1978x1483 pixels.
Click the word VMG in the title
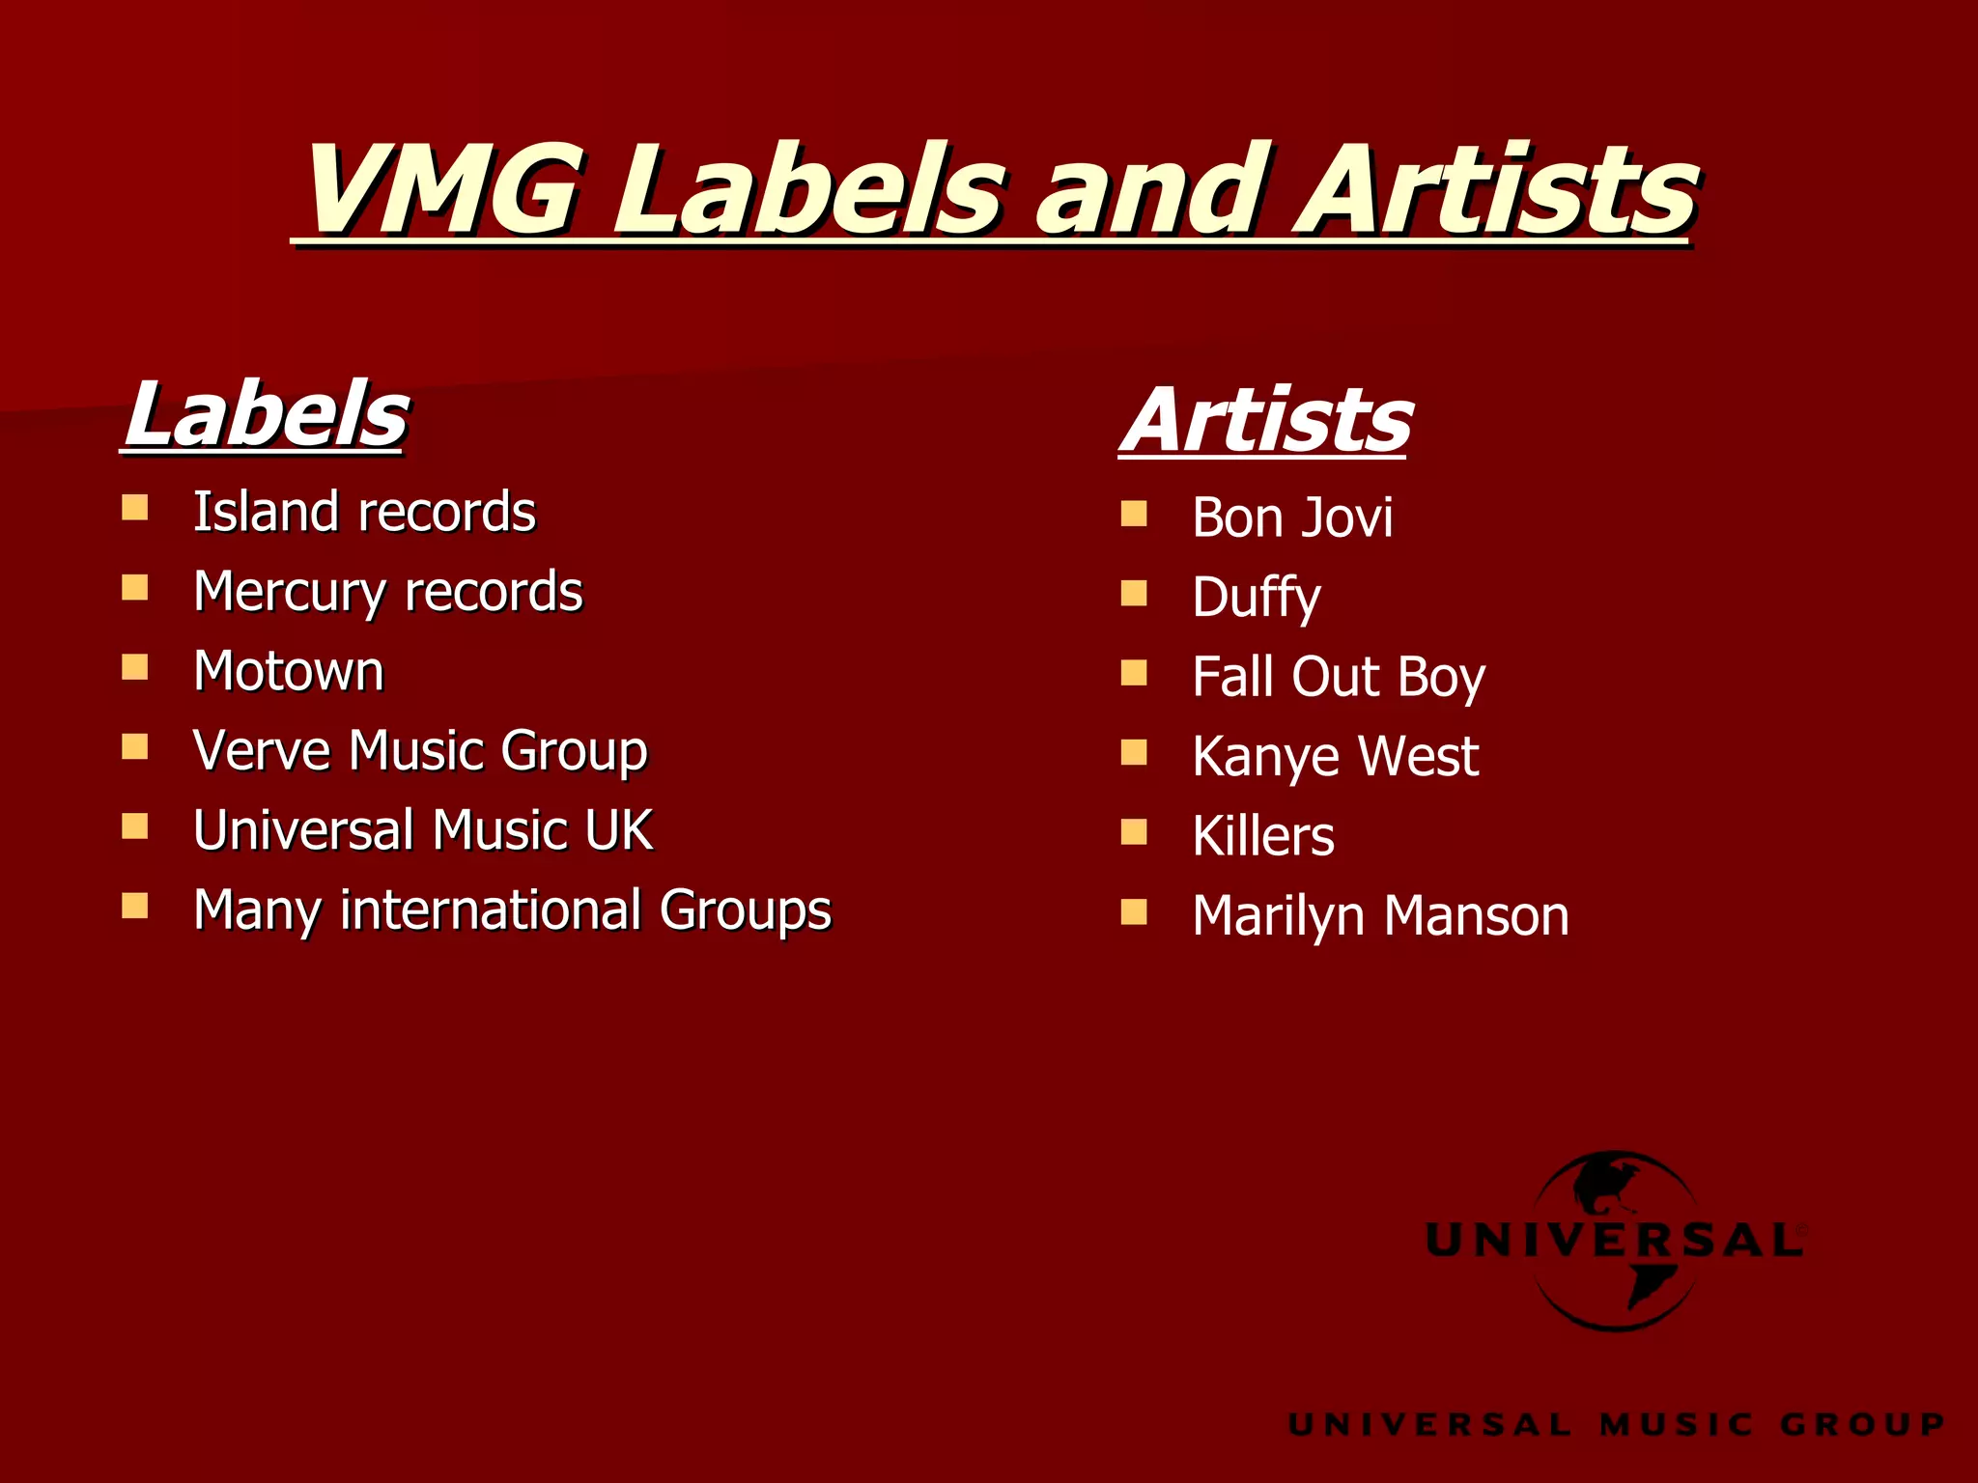point(442,190)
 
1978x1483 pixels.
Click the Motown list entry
point(289,671)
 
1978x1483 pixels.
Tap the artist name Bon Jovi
point(1292,518)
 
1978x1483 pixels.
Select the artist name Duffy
point(1256,598)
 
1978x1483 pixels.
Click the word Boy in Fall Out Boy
point(1441,677)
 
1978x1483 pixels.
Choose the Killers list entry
point(1263,836)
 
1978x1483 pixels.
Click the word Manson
point(1477,916)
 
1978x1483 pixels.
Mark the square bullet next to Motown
point(135,667)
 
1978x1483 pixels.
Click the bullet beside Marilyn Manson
point(1134,911)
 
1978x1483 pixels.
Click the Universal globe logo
point(1615,1240)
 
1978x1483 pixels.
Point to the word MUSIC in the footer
point(1677,1424)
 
